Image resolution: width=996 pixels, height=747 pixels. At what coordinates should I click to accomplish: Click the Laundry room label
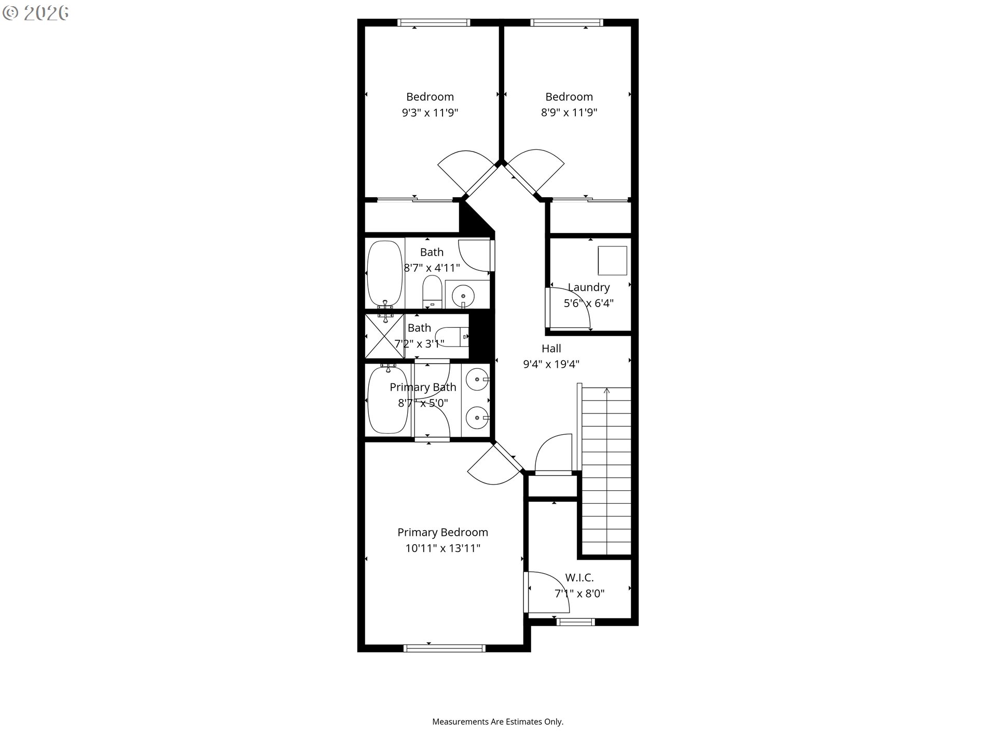click(588, 287)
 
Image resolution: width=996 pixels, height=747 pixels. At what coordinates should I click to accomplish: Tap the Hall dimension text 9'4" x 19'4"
click(551, 364)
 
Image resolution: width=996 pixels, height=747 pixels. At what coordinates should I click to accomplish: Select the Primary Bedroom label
click(442, 532)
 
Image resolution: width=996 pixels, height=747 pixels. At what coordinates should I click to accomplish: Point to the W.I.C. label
click(579, 577)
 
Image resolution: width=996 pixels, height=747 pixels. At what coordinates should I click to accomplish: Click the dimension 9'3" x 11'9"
click(430, 113)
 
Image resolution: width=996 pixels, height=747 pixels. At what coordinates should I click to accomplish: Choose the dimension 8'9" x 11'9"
click(569, 113)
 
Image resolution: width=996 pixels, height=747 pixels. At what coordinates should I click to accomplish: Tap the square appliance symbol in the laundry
click(612, 260)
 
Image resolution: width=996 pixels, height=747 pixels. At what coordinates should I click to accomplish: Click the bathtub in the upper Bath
click(384, 273)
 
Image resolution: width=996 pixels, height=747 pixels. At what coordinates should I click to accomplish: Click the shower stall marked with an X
click(384, 336)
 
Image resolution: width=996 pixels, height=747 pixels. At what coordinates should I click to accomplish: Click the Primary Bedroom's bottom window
click(444, 648)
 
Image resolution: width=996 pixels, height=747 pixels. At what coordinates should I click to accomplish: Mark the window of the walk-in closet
click(576, 622)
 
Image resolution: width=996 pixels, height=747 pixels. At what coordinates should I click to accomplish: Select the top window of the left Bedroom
click(434, 22)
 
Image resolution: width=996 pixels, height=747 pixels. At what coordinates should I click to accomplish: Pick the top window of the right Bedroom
click(566, 22)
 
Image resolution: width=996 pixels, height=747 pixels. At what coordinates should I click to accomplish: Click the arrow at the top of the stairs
click(607, 390)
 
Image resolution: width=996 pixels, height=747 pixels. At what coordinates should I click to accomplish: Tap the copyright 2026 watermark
click(36, 13)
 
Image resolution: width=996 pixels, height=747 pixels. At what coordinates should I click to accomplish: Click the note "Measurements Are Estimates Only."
click(498, 722)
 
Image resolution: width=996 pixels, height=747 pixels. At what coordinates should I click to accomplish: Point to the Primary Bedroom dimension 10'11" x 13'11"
click(443, 548)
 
